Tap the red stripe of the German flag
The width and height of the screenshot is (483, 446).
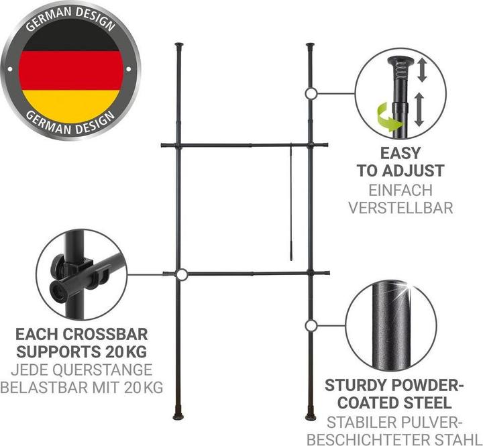pos(71,70)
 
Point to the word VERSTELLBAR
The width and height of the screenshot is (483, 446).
pos(400,208)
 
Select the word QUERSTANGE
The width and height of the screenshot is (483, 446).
pos(103,370)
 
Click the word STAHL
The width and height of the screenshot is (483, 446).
pos(458,439)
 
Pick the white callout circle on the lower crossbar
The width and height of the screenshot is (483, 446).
pos(182,274)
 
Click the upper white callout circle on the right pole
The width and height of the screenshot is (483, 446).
pos(311,93)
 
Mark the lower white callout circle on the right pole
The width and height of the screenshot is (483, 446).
pos(311,325)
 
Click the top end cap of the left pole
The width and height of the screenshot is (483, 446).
pos(179,45)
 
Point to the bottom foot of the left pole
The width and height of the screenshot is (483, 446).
pos(178,416)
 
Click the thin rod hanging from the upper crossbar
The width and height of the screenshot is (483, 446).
pos(291,203)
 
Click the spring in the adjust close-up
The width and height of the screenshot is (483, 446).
pos(400,74)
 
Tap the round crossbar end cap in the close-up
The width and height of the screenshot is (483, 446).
pos(58,292)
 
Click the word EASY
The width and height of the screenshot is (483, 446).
pos(400,153)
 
